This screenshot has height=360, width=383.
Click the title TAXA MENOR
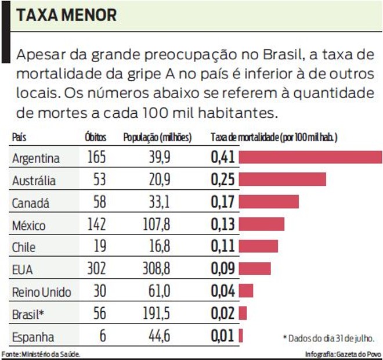66,15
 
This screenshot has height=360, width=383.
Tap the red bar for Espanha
240,336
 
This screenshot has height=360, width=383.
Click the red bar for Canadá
268,202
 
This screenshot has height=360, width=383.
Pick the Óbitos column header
95,138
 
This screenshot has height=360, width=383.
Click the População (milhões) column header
157,138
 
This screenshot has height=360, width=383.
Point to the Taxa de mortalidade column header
274,138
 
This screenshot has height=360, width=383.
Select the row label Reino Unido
41,291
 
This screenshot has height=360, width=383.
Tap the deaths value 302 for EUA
96,269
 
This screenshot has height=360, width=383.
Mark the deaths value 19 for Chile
100,247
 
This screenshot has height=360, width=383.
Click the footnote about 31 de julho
328,337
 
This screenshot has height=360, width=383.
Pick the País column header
19,138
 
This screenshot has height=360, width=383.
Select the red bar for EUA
254,269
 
